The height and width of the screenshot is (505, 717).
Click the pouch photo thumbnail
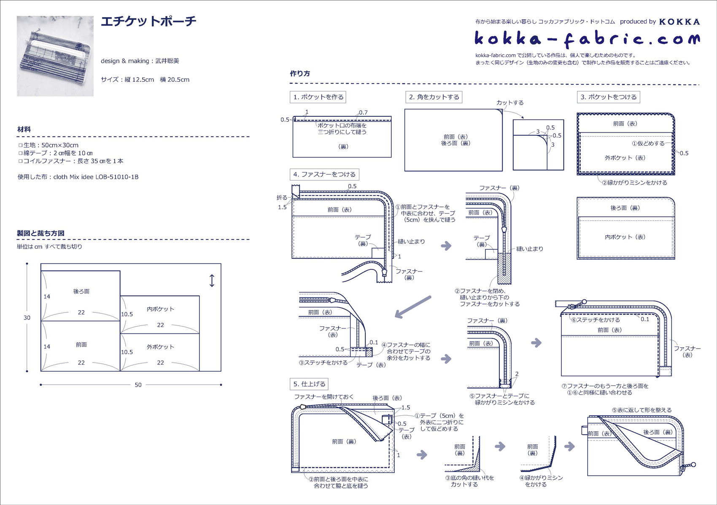[55, 56]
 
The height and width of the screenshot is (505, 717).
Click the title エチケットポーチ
[148, 21]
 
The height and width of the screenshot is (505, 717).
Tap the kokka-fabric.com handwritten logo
[587, 39]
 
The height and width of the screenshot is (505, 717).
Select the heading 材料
[24, 129]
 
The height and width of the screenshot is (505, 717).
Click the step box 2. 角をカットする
[434, 97]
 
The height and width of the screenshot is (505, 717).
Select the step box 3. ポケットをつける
[608, 97]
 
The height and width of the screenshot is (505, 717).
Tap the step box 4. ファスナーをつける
[324, 174]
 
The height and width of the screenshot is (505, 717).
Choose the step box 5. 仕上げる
[309, 384]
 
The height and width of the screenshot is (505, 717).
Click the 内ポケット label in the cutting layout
[160, 309]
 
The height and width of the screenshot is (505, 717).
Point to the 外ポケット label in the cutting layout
[160, 347]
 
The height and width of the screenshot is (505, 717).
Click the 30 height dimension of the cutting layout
[27, 318]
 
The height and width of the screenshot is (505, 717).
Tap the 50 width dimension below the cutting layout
[138, 385]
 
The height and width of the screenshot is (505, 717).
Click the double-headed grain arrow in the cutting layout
[212, 281]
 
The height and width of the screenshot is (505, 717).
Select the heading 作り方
[300, 73]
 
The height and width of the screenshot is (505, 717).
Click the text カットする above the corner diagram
[510, 102]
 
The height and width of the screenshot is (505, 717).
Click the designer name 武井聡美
[167, 61]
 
